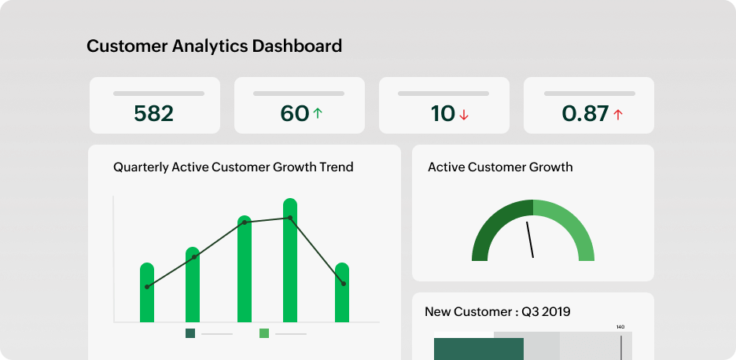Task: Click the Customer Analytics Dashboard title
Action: [214, 46]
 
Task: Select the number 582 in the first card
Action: [153, 114]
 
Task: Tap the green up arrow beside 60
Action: [318, 114]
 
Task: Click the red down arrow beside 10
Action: [464, 115]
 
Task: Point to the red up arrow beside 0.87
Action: [618, 115]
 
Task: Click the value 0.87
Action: [585, 114]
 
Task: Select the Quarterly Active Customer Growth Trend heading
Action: [234, 167]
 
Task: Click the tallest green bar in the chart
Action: [290, 263]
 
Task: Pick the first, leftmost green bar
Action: [147, 295]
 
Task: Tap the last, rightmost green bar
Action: [342, 295]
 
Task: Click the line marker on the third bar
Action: [245, 222]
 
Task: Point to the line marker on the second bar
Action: [194, 257]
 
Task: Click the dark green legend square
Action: [190, 333]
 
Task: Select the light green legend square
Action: [264, 333]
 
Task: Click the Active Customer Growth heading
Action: [500, 167]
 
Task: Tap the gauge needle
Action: [530, 240]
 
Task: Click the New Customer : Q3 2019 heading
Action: [498, 312]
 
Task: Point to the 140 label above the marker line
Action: [620, 327]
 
